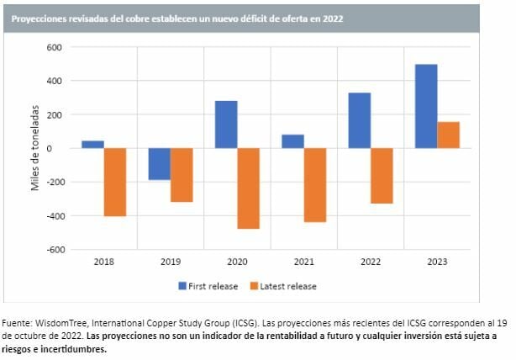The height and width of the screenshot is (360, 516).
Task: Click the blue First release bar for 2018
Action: click(x=92, y=145)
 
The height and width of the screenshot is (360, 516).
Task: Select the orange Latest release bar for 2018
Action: click(x=115, y=182)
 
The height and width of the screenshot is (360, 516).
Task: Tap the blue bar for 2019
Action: click(x=159, y=164)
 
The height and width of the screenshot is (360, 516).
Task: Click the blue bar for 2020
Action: click(x=226, y=124)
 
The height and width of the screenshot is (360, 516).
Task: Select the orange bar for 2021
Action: click(x=315, y=185)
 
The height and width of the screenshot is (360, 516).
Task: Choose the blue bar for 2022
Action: click(x=360, y=120)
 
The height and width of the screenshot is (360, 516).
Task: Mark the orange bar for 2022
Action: click(x=382, y=176)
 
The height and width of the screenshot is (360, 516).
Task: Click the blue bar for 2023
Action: click(x=426, y=106)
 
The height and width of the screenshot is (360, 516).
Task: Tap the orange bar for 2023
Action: click(x=449, y=135)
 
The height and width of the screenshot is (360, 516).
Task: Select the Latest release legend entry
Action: click(x=284, y=286)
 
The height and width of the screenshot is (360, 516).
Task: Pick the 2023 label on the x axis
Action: click(x=437, y=262)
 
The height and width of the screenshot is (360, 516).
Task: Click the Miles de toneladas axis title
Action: click(x=37, y=148)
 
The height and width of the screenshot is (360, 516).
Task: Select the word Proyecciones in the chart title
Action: click(x=42, y=17)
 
